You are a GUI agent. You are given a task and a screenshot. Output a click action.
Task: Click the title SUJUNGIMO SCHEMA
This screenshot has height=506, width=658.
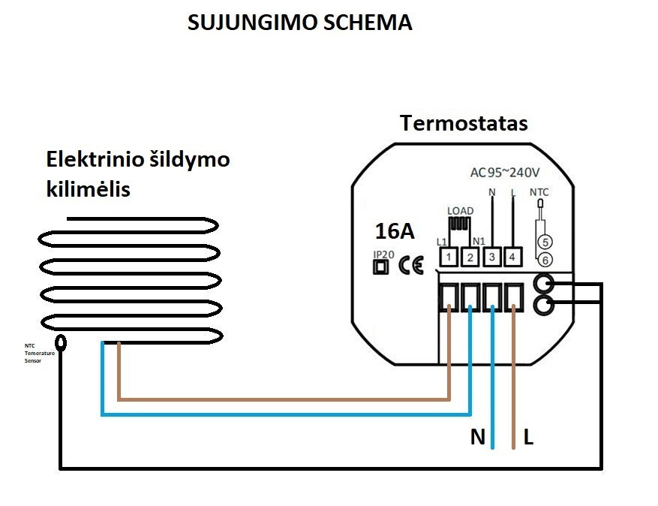pos(299,23)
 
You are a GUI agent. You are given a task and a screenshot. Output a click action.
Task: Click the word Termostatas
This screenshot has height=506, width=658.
pos(463,123)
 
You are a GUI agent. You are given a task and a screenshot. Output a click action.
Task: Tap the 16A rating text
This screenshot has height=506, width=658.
pos(395,230)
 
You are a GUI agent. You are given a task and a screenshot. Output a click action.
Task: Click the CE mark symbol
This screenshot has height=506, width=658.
pos(411,265)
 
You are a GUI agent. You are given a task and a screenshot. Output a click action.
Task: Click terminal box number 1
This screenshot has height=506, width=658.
pos(448,258)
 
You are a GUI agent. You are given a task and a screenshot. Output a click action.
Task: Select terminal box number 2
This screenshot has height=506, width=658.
pos(470,258)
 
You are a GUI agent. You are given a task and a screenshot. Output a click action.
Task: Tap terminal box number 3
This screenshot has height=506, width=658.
pos(491,258)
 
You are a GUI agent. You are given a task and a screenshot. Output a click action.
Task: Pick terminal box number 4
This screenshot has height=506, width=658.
pos(513,258)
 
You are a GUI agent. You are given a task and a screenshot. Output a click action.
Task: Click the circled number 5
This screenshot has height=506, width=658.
pos(545,242)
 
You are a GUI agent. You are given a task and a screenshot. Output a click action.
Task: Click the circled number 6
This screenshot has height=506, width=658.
pos(545,260)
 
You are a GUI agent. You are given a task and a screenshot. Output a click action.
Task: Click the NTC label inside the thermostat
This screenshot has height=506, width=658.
pos(539,192)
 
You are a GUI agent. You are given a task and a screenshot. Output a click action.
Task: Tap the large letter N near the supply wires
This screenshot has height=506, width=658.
pos(478,437)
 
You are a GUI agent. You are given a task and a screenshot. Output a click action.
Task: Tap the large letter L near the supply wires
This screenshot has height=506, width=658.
pos(528,437)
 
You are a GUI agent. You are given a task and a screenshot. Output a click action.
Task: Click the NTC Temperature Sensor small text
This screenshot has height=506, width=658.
pos(35,353)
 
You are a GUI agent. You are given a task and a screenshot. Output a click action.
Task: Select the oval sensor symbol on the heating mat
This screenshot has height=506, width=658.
pos(62,342)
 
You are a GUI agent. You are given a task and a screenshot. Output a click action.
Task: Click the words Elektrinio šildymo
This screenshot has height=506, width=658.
pos(138,159)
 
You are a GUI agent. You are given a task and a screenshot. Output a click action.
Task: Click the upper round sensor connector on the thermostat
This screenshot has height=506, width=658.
pos(544,284)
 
